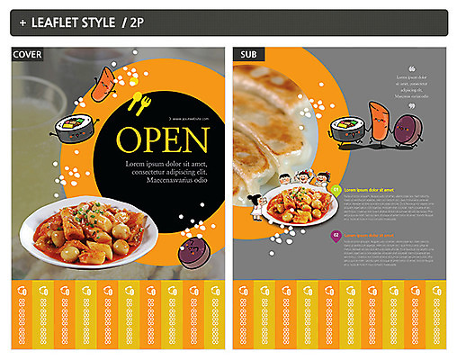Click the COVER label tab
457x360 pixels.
[x=26, y=56]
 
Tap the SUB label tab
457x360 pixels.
[x=247, y=56]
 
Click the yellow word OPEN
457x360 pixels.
[x=164, y=140]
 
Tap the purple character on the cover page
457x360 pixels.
[x=191, y=253]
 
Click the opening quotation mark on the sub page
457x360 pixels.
[x=412, y=69]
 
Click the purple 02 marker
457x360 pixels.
[x=336, y=235]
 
